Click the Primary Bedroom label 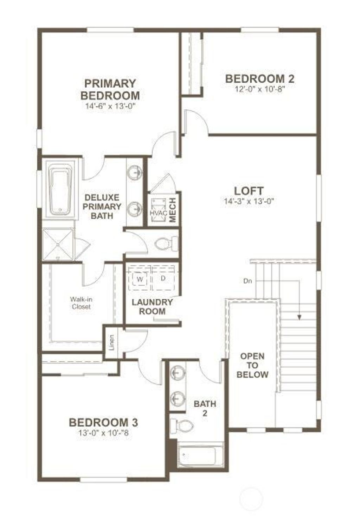tap(110, 89)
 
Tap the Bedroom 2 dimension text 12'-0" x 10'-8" tap(260, 89)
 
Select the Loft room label tap(249, 191)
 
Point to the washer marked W tap(140, 279)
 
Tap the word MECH tap(173, 210)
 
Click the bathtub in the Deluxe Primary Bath tap(60, 189)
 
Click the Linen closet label tap(112, 342)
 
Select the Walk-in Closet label tap(81, 303)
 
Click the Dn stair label tap(247, 281)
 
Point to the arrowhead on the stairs tap(300, 317)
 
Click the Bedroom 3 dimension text tap(103, 432)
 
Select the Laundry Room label tap(152, 307)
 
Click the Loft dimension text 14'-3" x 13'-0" tap(249, 201)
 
